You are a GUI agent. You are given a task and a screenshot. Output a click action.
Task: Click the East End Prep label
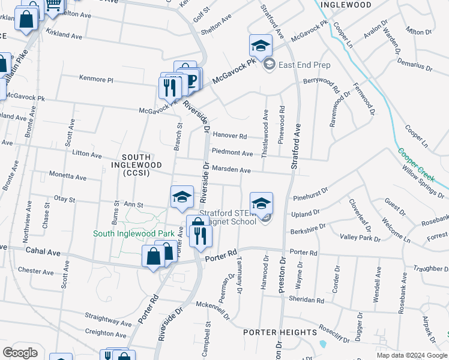pyautogui.click(x=304, y=65)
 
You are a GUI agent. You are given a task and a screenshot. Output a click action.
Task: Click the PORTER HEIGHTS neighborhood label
pyautogui.click(x=280, y=332)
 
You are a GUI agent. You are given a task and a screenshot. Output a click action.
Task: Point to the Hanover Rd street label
pyautogui.click(x=230, y=136)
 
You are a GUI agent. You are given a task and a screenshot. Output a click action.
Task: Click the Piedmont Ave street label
pyautogui.click(x=232, y=153)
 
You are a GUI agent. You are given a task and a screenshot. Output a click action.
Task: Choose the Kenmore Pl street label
pyautogui.click(x=96, y=79)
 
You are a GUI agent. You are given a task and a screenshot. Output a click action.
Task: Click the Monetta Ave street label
pyautogui.click(x=67, y=177)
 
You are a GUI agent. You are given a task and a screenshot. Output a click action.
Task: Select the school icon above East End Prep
pyautogui.click(x=261, y=46)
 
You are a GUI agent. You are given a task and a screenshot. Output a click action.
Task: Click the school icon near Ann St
pyautogui.click(x=182, y=197)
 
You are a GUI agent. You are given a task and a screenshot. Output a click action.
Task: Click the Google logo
pyautogui.click(x=20, y=352)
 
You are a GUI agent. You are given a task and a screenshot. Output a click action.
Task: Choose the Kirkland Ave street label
pyautogui.click(x=64, y=36)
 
